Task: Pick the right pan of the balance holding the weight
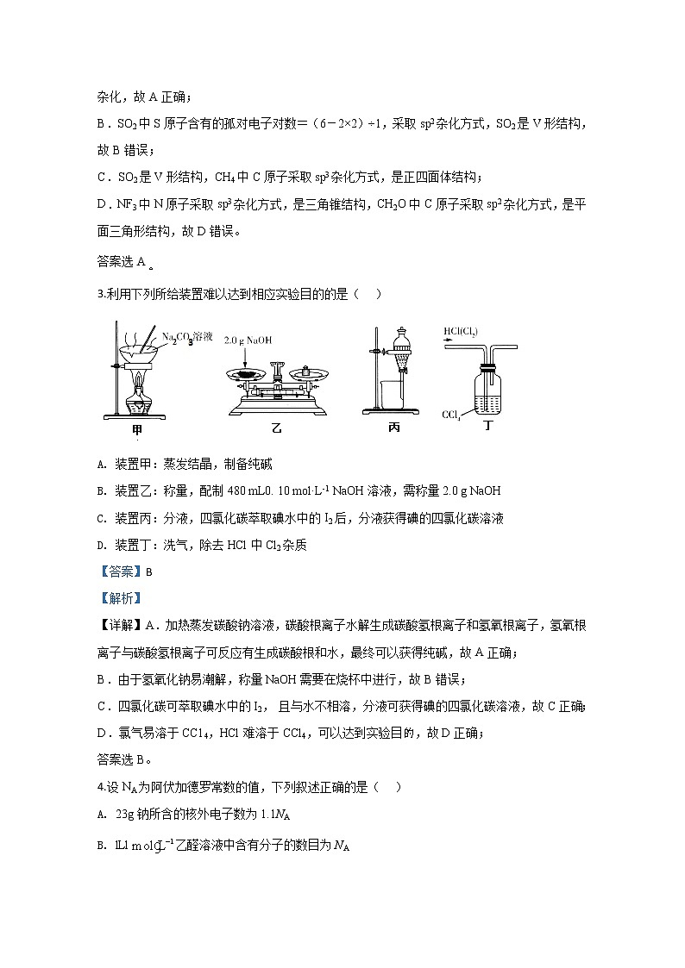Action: point(312,372)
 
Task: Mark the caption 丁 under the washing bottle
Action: point(490,425)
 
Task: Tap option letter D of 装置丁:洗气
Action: point(102,545)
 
